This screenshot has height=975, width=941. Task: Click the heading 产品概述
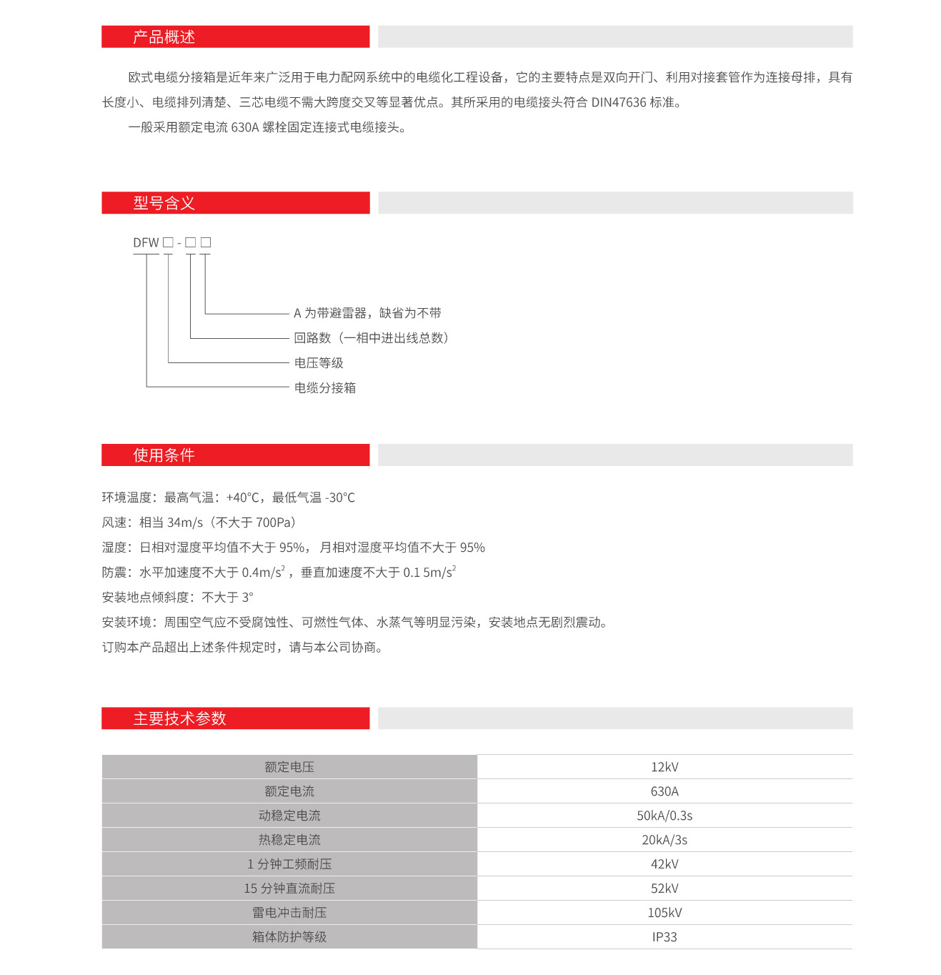[x=164, y=37]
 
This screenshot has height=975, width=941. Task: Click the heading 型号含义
[x=164, y=203]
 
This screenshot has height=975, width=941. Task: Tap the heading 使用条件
[x=164, y=455]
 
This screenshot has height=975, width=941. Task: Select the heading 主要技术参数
[x=179, y=718]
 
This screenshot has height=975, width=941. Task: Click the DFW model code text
[x=146, y=243]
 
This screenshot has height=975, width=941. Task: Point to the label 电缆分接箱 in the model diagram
[x=325, y=388]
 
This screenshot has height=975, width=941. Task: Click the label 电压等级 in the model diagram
[x=319, y=363]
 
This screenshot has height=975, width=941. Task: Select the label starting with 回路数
[x=371, y=338]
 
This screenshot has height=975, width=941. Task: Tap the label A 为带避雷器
[x=367, y=313]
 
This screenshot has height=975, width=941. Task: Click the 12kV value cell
[x=664, y=767]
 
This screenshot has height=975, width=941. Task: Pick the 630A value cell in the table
[x=664, y=791]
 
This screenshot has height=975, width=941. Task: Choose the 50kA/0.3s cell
[x=664, y=816]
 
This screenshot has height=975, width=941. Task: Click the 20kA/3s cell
[x=664, y=840]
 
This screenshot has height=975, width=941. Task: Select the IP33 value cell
[x=664, y=937]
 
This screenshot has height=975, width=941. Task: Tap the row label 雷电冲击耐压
[x=289, y=913]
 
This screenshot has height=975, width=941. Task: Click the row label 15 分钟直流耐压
[x=289, y=889]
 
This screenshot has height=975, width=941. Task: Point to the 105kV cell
[x=664, y=913]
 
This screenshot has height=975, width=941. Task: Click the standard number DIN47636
[x=619, y=102]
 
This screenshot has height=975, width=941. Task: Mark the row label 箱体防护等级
[x=289, y=937]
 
